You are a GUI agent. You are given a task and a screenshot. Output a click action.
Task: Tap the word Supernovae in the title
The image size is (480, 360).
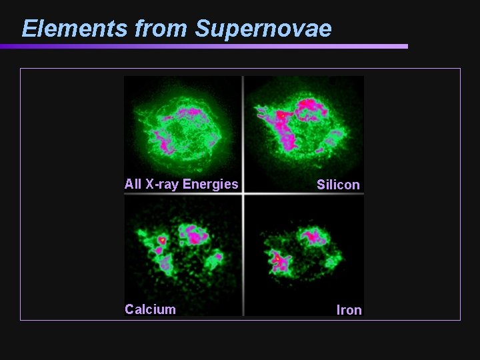click(263, 29)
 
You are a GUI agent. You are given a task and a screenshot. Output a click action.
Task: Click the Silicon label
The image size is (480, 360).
click(338, 185)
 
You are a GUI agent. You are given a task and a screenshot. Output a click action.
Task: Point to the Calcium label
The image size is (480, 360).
click(151, 309)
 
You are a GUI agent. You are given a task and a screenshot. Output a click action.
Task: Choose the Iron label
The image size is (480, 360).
click(349, 310)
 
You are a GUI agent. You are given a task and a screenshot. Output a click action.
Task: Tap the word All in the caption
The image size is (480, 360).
click(133, 184)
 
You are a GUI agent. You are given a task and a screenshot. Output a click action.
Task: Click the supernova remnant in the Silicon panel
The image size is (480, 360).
click(300, 130)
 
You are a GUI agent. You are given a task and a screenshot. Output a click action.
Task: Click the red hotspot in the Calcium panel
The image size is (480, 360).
click(161, 239)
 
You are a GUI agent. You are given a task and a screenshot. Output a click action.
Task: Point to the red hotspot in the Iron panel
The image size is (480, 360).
click(277, 256)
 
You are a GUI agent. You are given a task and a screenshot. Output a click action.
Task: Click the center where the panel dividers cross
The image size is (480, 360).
click(243, 194)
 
